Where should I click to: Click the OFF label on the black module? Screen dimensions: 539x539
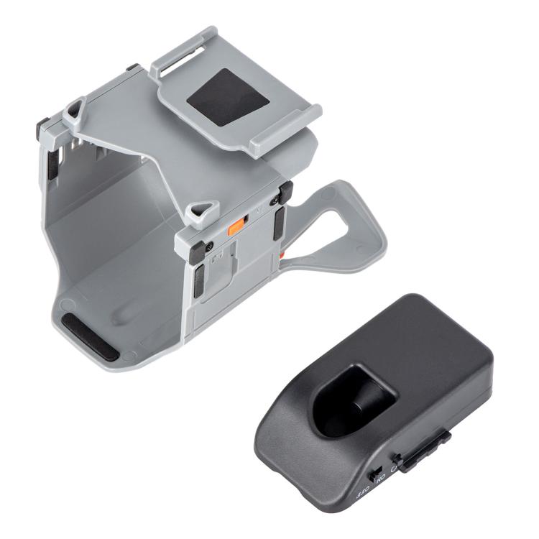(x=362, y=495)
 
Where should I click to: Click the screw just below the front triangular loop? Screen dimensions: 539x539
(x=210, y=247)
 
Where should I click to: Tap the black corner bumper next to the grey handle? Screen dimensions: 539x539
(x=285, y=192)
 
